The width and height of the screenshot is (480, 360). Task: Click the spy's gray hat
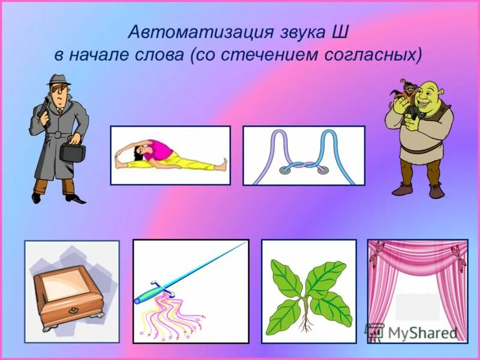58,80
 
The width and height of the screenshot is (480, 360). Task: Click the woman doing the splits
168,155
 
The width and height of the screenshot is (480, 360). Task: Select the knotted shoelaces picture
304,155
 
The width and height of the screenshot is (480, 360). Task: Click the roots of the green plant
307,324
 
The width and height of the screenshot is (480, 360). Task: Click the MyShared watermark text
420,332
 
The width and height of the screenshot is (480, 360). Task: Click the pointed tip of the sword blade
245,243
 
